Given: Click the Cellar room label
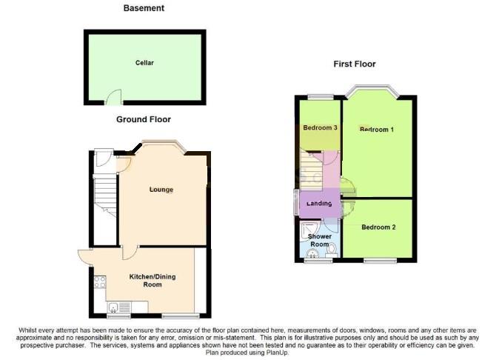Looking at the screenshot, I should (x=144, y=63).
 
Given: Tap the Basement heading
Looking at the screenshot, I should (x=144, y=8).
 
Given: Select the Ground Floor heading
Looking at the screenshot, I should (x=144, y=119).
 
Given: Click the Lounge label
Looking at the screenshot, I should (x=161, y=190).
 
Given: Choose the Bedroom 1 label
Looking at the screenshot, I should (x=376, y=130).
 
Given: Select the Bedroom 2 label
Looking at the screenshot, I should (x=378, y=227).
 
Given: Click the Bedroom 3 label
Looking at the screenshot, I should (x=320, y=128).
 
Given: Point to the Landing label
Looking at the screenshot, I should (x=318, y=204).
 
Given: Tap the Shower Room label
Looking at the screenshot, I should (x=319, y=241).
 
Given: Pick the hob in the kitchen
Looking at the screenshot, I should (x=97, y=282).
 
